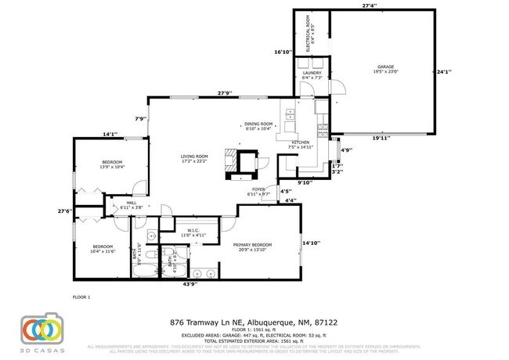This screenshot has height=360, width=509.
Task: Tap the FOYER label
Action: [x=258, y=191]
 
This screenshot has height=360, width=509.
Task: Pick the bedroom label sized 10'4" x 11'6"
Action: [x=103, y=248]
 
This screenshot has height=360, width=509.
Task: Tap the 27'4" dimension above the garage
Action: [x=370, y=5]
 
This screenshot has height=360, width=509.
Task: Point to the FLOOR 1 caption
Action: [x=81, y=297]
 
